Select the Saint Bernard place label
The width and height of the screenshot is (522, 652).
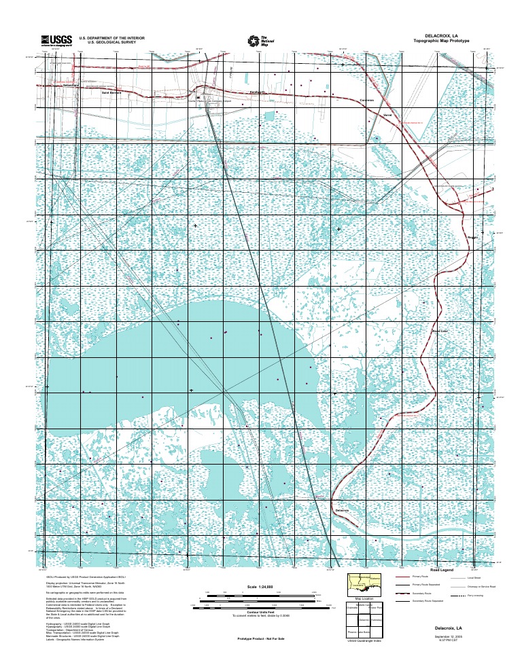111,93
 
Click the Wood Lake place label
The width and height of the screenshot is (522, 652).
440,331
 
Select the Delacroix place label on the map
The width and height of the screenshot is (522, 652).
342,509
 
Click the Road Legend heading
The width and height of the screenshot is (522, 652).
442,570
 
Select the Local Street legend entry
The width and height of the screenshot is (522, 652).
474,577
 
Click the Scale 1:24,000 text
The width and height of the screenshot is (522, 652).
260,586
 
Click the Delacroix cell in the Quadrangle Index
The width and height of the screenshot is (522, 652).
364,619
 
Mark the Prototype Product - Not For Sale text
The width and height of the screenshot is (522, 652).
260,639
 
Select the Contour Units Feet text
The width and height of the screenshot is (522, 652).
260,612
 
